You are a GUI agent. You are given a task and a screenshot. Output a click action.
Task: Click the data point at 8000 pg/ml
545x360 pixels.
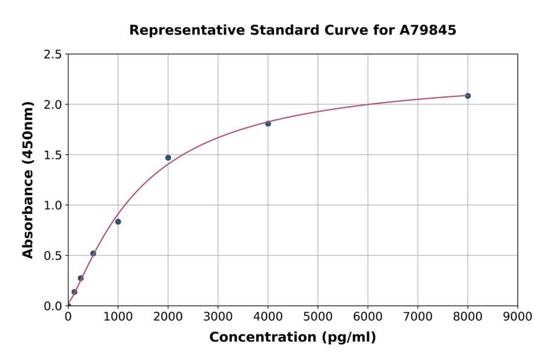(x=467, y=96)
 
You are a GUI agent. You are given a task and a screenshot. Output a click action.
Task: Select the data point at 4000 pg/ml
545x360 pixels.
(x=268, y=124)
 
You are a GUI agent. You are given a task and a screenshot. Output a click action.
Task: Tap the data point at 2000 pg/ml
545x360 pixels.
(x=168, y=158)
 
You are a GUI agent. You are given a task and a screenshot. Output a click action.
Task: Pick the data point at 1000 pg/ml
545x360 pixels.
(x=118, y=222)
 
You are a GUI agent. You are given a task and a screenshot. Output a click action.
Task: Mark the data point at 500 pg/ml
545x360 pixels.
(x=93, y=253)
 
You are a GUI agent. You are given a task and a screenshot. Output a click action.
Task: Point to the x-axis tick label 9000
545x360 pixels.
(x=517, y=316)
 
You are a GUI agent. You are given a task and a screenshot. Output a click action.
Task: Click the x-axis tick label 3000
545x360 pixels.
(x=218, y=316)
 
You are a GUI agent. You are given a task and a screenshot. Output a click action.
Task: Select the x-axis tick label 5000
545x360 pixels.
(x=318, y=316)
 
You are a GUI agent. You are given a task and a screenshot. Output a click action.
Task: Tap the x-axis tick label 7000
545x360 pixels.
(x=417, y=316)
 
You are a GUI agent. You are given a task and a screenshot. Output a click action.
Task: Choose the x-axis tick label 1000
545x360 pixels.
(x=118, y=316)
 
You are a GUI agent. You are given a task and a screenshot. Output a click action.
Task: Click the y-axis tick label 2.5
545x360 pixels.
(x=53, y=55)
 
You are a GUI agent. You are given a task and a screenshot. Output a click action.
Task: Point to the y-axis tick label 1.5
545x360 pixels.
(x=53, y=155)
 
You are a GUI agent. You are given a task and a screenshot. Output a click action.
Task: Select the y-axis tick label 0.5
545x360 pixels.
(x=53, y=256)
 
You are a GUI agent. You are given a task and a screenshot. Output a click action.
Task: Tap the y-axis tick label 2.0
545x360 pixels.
(x=53, y=105)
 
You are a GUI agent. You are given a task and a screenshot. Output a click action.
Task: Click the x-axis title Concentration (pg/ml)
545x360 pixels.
(x=292, y=338)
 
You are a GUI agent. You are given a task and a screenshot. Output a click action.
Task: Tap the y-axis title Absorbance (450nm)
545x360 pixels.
(x=28, y=180)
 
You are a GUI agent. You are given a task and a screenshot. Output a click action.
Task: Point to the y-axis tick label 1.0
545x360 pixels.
(x=53, y=205)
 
